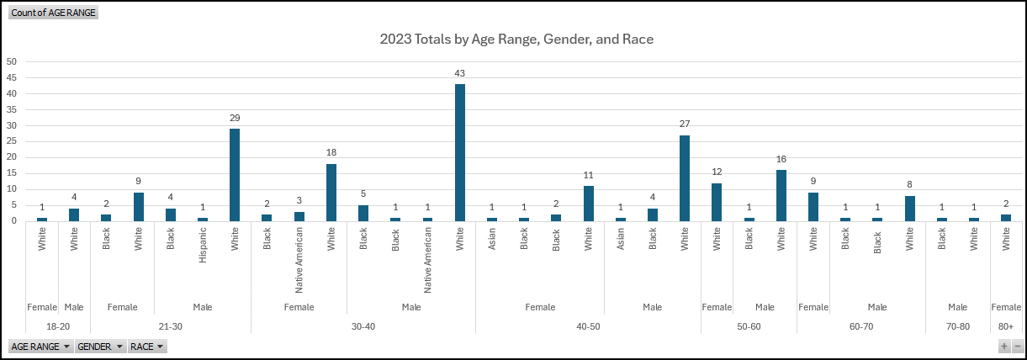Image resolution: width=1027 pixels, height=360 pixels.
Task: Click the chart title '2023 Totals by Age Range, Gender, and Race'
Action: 516,40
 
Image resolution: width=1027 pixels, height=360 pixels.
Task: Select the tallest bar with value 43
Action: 460,152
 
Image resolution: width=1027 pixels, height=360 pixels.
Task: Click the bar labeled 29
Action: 235,175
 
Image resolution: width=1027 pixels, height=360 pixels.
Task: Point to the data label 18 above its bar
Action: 331,151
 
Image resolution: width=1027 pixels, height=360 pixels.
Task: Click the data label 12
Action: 717,171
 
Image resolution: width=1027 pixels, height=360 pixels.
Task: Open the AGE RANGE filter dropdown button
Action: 40,347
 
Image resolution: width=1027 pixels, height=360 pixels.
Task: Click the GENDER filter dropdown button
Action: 100,347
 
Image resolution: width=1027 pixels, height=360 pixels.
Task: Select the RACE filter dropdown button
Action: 147,347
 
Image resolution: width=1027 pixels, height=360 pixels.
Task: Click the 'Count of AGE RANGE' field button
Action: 53,13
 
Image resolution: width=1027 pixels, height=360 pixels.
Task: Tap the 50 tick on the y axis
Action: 12,61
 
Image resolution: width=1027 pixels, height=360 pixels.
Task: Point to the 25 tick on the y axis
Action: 12,141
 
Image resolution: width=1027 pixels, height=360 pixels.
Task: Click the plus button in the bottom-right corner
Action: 1003,347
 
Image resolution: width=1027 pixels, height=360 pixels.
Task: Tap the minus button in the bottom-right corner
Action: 1017,347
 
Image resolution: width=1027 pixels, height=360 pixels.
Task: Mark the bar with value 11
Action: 588,204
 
